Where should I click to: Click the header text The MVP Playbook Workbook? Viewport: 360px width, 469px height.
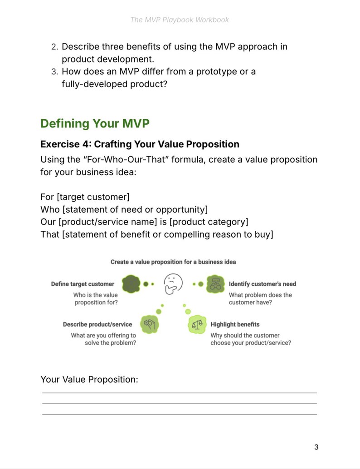(x=180, y=20)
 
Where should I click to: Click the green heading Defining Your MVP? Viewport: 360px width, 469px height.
(x=95, y=123)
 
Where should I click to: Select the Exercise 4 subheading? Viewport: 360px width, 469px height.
(x=140, y=144)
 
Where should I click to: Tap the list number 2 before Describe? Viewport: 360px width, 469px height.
(x=54, y=47)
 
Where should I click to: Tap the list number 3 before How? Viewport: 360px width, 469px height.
(x=54, y=72)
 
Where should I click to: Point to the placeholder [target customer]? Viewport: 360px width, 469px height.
(x=93, y=197)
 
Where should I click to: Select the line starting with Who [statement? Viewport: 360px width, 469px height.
(x=124, y=210)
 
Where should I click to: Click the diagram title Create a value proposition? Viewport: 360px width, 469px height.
(x=173, y=262)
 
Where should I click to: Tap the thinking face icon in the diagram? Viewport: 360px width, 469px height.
(x=173, y=284)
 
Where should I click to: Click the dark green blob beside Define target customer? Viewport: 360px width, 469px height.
(x=131, y=284)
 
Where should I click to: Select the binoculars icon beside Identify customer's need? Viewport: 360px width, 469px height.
(x=215, y=284)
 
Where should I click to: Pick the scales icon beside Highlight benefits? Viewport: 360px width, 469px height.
(x=197, y=324)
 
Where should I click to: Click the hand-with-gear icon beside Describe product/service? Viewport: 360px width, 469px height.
(x=150, y=324)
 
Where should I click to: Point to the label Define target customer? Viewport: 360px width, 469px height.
(x=83, y=284)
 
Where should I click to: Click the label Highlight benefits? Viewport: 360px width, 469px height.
(x=235, y=324)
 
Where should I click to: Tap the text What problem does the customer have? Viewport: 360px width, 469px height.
(x=260, y=298)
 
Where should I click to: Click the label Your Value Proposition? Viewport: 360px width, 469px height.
(x=89, y=380)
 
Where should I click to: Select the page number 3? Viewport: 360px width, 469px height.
(x=316, y=447)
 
